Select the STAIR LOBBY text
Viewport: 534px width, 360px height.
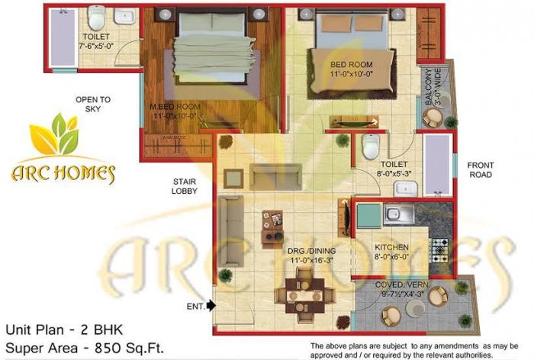coord(185,186)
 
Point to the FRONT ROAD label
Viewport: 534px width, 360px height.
coord(481,169)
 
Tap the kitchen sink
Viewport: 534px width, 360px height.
coord(398,214)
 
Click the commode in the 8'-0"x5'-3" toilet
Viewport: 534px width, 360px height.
coord(371,145)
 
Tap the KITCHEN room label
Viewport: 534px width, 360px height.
coord(391,248)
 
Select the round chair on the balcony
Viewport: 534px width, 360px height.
coord(433,118)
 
